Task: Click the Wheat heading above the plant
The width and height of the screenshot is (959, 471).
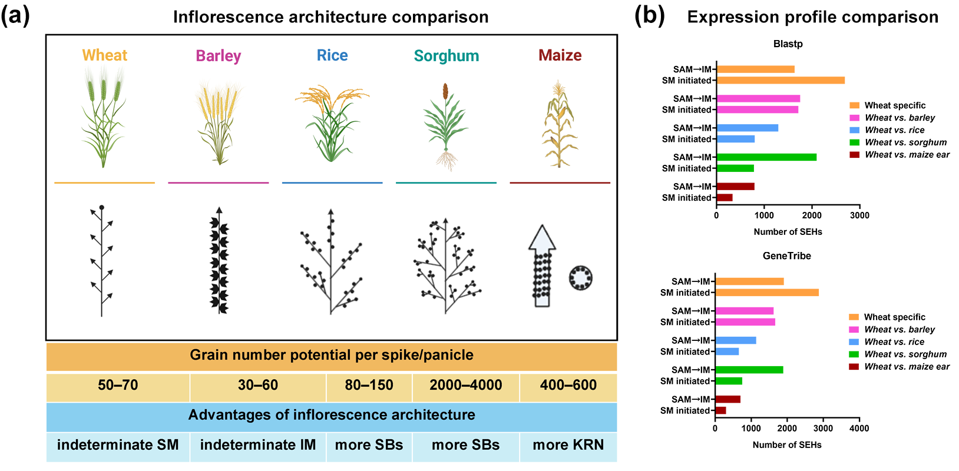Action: point(104,55)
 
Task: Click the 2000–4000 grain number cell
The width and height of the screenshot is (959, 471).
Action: point(465,386)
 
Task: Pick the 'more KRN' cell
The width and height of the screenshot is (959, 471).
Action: point(568,445)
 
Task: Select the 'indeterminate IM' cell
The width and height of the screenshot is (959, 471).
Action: point(257,445)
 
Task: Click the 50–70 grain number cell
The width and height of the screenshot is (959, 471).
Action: point(118,386)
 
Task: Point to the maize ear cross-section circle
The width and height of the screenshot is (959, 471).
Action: point(580,277)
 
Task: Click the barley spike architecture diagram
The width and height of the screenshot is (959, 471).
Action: point(219,260)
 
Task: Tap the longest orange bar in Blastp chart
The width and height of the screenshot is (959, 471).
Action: point(781,81)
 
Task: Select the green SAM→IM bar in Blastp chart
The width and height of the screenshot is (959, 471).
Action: point(766,157)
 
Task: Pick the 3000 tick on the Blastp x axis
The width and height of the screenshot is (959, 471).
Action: point(859,215)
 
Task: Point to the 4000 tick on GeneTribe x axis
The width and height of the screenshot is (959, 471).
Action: point(859,429)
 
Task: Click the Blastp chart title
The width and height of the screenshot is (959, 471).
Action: point(788,44)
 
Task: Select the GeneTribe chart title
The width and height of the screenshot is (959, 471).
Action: point(786,256)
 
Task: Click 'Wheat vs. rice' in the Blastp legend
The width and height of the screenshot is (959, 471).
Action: point(894,130)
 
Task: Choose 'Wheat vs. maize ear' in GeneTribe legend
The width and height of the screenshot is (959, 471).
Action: point(907,367)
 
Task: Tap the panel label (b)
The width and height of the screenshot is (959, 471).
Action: point(649,16)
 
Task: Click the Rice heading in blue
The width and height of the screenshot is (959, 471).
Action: point(332,55)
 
